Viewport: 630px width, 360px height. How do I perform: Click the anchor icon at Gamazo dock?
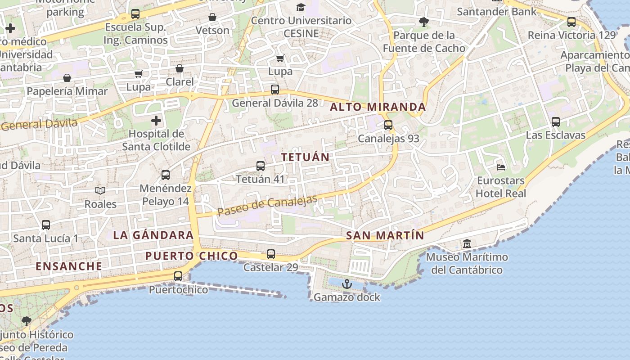click(346, 284)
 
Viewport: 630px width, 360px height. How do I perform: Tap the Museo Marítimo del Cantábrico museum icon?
click(467, 243)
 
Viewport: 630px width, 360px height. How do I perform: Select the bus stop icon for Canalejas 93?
click(388, 125)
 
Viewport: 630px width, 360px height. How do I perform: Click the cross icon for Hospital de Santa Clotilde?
click(156, 121)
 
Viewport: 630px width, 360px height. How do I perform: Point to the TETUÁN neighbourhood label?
click(306, 157)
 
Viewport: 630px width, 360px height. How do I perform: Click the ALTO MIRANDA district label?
click(378, 107)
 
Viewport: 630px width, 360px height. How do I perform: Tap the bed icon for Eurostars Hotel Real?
click(501, 167)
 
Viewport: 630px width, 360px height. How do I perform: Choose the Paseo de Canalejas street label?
click(267, 205)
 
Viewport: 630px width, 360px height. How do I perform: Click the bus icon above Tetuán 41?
click(261, 166)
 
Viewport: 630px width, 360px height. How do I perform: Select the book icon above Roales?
click(100, 191)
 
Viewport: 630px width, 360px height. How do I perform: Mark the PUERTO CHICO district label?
click(191, 256)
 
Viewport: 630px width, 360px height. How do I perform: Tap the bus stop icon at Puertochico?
click(178, 276)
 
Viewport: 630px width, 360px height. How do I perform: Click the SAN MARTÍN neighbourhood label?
click(385, 235)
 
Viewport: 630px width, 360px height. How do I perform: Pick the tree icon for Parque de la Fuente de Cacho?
click(423, 22)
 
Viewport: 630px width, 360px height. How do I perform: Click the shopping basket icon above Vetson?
click(212, 17)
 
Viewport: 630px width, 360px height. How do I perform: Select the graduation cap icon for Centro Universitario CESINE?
click(301, 7)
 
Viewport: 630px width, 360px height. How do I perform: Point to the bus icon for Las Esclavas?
click(556, 121)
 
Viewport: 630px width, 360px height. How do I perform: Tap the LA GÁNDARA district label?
click(153, 235)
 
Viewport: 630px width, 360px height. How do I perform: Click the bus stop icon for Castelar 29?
click(271, 254)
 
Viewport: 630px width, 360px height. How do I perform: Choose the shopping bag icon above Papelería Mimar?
click(67, 78)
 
